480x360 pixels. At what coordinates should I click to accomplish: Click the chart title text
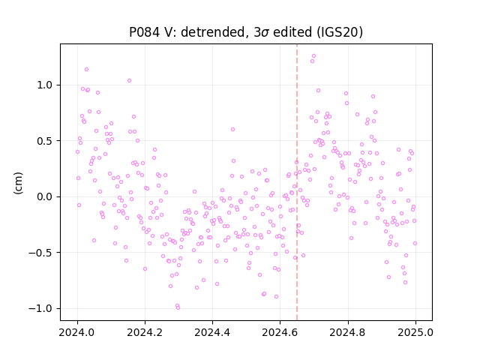tap(246, 32)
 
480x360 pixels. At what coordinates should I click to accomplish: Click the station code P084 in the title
tap(144, 32)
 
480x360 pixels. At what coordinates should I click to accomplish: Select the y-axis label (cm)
tap(18, 183)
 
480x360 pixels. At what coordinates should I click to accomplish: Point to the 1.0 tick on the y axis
tap(45, 85)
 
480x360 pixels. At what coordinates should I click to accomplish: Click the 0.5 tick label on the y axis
tap(45, 141)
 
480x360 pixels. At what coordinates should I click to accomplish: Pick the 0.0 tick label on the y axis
tap(45, 196)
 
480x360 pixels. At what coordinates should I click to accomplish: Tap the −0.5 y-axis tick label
tap(40, 253)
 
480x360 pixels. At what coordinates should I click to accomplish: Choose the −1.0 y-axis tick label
tap(40, 308)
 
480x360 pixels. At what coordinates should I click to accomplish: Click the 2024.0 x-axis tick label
tap(77, 332)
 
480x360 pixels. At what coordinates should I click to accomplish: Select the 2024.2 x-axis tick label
tap(145, 332)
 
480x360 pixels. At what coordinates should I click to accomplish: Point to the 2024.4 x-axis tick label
tap(212, 332)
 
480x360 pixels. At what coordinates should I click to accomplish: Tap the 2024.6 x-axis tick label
tap(280, 332)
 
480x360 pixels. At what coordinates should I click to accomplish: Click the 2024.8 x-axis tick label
tap(348, 332)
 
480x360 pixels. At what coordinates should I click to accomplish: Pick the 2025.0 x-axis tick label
tap(415, 332)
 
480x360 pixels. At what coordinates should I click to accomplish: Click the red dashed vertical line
tap(297, 182)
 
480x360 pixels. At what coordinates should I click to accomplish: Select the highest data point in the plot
tap(313, 56)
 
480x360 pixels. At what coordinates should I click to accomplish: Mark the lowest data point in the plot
tap(178, 308)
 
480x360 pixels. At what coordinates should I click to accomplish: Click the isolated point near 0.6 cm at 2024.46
tap(232, 130)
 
